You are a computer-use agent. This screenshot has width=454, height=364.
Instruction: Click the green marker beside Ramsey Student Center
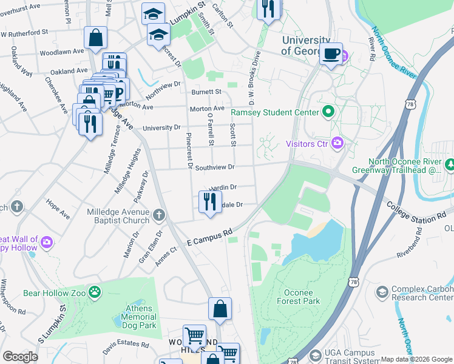(x=329, y=112)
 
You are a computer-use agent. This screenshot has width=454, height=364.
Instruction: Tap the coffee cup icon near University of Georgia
(x=331, y=54)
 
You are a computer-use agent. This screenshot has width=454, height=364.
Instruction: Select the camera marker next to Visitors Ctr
(x=338, y=144)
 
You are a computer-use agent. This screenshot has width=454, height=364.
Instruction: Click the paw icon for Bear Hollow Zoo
(x=95, y=293)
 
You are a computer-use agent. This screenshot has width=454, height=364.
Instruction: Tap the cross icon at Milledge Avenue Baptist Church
(x=159, y=215)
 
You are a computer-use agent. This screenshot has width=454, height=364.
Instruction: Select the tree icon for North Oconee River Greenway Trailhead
(x=450, y=164)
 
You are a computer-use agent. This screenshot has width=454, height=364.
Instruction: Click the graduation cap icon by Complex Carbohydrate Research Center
(x=382, y=292)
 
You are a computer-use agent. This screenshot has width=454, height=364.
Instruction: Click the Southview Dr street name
(x=214, y=167)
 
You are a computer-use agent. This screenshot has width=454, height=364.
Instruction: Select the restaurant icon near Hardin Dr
(x=209, y=201)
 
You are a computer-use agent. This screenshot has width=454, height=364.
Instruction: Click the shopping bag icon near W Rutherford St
(x=96, y=38)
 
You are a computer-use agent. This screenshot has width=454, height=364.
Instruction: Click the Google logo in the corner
(x=20, y=357)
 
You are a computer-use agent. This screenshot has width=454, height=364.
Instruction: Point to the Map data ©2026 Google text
(x=416, y=359)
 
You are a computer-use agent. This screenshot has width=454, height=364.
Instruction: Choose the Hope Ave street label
(x=58, y=207)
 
